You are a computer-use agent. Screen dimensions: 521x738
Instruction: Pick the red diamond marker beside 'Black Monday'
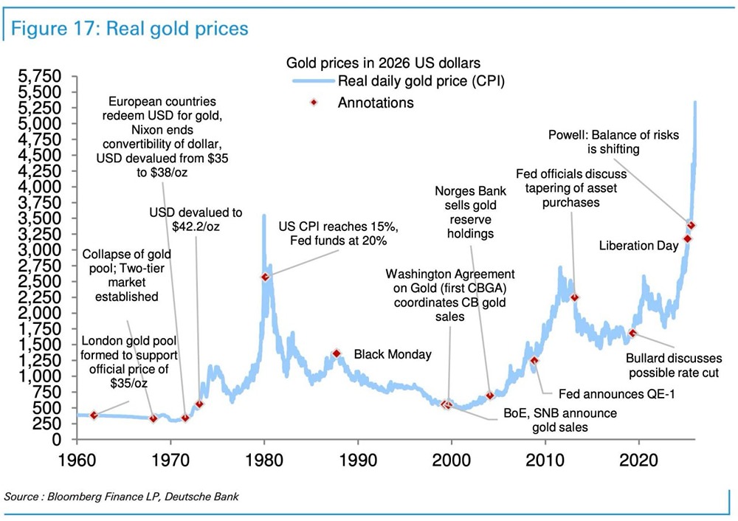click(x=337, y=353)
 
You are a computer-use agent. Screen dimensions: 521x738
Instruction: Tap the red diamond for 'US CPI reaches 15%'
click(x=265, y=277)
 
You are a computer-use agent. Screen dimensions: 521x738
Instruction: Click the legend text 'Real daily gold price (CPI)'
click(x=421, y=81)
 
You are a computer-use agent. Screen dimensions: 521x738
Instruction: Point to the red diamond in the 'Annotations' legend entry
click(x=312, y=102)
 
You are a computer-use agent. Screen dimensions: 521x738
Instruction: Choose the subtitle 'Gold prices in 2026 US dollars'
click(x=383, y=63)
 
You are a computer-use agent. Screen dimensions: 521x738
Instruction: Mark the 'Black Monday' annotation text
click(x=393, y=354)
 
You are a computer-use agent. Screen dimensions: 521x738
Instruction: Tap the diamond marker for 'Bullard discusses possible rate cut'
click(x=632, y=333)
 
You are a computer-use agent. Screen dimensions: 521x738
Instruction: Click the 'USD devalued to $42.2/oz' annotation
click(x=196, y=219)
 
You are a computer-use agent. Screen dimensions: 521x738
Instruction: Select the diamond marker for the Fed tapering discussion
click(x=575, y=297)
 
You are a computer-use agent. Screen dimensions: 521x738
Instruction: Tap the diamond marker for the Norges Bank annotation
click(x=489, y=396)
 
